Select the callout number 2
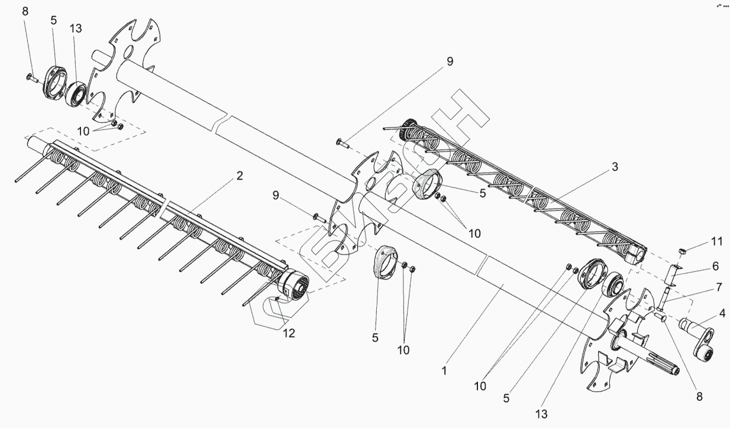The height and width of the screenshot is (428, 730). [x=240, y=176]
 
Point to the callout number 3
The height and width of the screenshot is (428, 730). [x=615, y=167]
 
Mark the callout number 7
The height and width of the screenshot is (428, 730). [x=719, y=287]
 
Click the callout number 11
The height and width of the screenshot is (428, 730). [x=716, y=242]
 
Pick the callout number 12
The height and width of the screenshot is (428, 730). [x=288, y=333]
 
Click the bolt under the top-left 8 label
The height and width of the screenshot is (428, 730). [x=31, y=77]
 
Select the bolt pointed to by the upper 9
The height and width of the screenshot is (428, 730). [x=342, y=141]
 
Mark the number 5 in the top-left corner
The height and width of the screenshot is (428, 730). [x=54, y=20]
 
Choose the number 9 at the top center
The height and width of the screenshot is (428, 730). [x=450, y=61]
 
